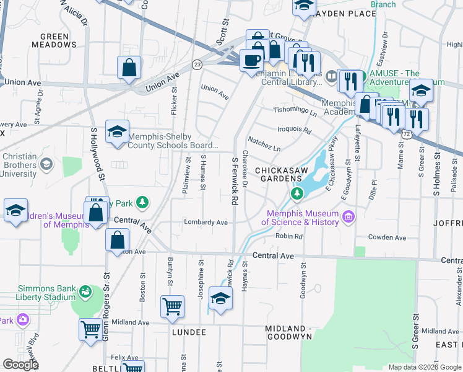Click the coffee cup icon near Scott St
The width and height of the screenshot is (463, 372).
251,60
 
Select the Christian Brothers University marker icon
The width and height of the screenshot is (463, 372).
45,164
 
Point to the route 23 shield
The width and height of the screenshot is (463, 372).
197,64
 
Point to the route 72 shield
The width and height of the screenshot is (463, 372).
405,133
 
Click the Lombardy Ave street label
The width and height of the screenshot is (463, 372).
206,223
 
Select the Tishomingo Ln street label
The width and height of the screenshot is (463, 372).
295,111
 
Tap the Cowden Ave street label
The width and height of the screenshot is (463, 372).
387,237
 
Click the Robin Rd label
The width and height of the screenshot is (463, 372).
288,236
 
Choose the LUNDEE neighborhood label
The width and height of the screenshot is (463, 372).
188,332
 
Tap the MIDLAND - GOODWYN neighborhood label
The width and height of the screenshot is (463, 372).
288,332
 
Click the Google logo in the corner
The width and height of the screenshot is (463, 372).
20,365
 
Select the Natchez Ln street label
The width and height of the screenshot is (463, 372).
264,144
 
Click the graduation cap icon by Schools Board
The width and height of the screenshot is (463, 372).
117,132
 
